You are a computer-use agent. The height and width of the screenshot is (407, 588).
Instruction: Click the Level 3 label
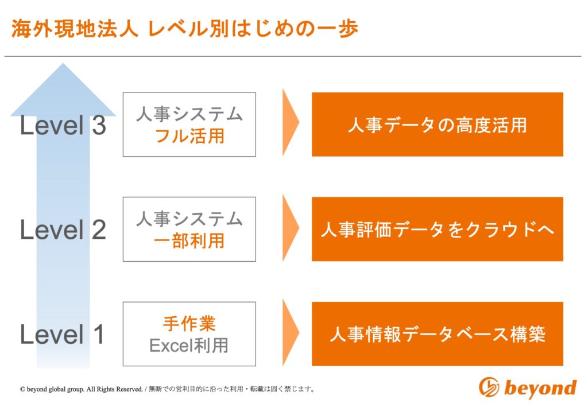[63, 125]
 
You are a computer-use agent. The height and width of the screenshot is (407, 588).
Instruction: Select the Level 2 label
[63, 230]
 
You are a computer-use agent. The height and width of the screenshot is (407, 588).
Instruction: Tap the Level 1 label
[62, 334]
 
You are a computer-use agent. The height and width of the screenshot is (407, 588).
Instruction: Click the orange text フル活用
[189, 135]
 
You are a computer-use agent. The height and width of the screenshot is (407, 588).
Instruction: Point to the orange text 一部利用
[189, 241]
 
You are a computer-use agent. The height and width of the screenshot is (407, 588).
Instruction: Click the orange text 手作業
[189, 323]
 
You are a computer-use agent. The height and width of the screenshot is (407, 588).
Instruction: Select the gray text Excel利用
[189, 345]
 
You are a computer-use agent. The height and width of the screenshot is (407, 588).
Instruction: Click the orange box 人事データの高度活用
[437, 125]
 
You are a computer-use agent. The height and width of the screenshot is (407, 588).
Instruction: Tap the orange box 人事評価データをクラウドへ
[437, 229]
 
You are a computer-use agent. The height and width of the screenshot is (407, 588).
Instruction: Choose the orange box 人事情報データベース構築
[437, 334]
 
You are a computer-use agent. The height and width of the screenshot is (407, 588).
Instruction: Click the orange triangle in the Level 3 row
[290, 122]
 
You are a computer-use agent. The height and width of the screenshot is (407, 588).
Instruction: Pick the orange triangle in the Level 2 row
[290, 227]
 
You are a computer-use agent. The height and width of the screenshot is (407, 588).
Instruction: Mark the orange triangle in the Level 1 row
[290, 332]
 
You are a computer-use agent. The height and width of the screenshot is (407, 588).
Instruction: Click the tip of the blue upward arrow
[63, 63]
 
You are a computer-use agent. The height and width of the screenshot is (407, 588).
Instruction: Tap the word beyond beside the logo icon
[540, 387]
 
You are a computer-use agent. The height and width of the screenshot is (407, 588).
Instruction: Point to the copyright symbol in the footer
[22, 389]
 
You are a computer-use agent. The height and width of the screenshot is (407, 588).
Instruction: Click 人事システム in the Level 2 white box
[189, 219]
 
